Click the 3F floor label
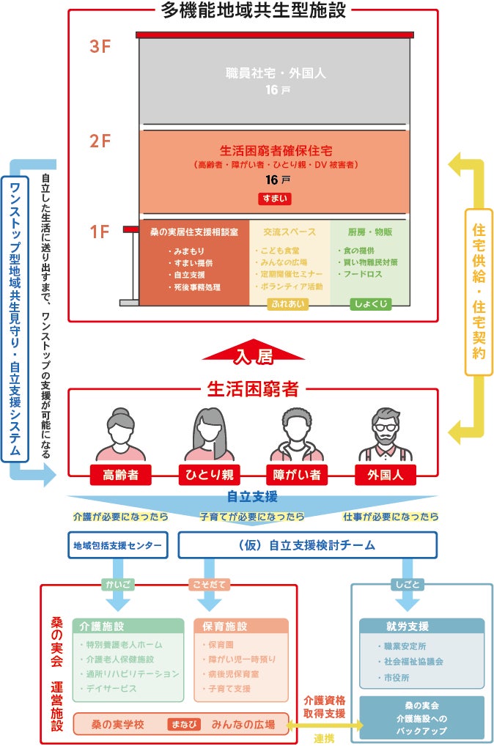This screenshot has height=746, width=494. click(100, 47)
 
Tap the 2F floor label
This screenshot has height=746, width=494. click(100, 141)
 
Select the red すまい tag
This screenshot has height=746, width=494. click(274, 198)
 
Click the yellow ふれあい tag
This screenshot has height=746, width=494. click(282, 303)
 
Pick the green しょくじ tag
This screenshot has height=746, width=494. click(370, 303)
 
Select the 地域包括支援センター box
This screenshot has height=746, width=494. click(117, 544)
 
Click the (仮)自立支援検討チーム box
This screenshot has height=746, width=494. click(307, 544)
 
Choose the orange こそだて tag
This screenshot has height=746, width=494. click(209, 584)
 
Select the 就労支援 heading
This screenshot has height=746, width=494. click(406, 627)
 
